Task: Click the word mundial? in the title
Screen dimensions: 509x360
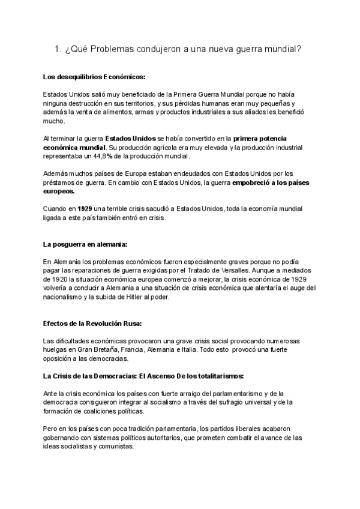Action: [x=281, y=51]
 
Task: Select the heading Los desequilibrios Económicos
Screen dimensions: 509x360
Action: [x=94, y=77]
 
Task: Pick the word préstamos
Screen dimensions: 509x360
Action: [x=58, y=182]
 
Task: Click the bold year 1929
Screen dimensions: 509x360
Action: [x=80, y=208]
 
